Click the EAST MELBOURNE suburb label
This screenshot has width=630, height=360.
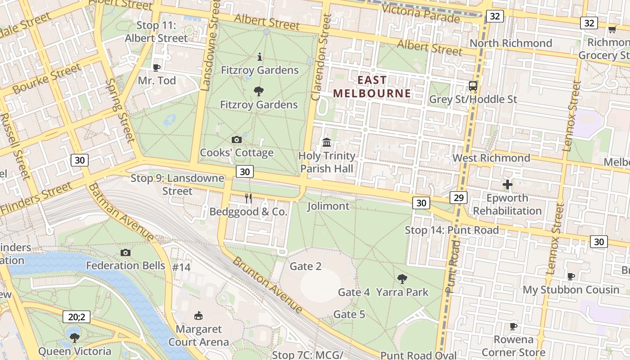(372, 87)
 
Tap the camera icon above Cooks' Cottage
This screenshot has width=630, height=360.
(236, 140)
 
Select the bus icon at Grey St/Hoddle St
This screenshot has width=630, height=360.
(473, 86)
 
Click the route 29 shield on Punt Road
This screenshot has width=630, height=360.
(458, 198)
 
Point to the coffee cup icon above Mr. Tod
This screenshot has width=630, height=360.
(156, 67)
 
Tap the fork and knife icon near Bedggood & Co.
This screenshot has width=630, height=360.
(248, 198)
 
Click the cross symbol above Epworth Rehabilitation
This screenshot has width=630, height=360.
(508, 184)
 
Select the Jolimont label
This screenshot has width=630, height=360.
(328, 206)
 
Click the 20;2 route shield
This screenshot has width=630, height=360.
(76, 317)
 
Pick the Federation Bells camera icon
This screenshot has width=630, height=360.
(126, 252)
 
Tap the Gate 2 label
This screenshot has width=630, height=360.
(306, 266)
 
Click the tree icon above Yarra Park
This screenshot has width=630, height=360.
(402, 279)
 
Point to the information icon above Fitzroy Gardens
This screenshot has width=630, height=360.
(260, 57)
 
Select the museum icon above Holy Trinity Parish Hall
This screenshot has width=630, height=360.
(327, 143)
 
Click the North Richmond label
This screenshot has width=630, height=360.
(511, 43)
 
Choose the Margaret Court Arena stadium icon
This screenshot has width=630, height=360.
(198, 315)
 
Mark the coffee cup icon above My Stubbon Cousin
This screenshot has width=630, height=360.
(571, 276)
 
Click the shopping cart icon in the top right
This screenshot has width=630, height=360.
(612, 30)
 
